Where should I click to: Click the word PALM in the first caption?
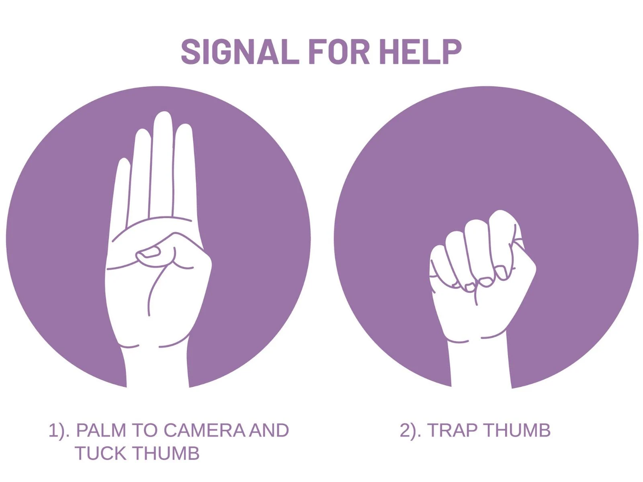tap(101, 430)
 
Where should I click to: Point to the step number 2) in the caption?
tap(410, 431)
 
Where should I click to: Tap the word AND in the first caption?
tap(269, 430)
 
